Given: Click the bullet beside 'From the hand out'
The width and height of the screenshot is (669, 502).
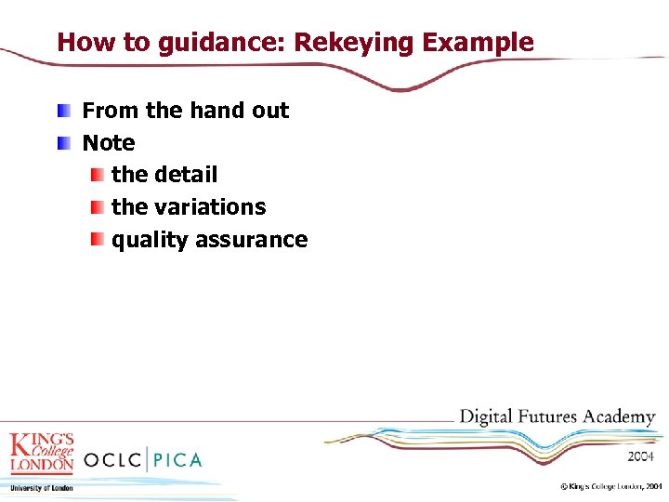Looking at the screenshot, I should coord(62,112).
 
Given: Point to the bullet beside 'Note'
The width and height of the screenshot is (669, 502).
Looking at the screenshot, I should coord(62,143).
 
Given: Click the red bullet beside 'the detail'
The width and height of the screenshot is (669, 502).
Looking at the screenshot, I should coord(97,175).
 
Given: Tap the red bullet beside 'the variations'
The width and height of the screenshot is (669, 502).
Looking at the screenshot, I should coord(97,207).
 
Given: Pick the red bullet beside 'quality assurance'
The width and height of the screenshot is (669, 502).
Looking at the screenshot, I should coord(97,240).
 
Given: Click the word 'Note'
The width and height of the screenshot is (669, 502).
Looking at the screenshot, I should coord(109,143).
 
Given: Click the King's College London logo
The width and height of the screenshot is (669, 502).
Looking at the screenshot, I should coord(42,453).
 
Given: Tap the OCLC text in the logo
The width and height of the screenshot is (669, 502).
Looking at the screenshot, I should coord(114,458).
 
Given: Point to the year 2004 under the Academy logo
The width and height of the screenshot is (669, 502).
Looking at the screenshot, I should coord(640,456).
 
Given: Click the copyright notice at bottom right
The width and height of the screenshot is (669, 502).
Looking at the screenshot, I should coord(610,486).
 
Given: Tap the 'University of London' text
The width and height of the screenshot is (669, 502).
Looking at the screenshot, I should coord(42,487).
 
